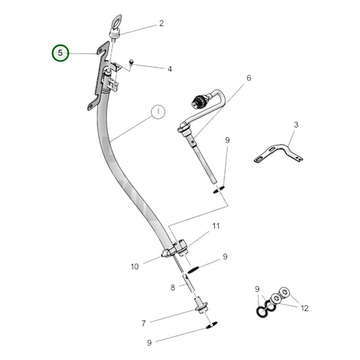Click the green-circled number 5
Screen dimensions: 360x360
pyautogui.click(x=61, y=53)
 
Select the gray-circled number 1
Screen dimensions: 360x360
pyautogui.click(x=157, y=112)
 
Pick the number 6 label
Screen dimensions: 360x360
pyautogui.click(x=248, y=78)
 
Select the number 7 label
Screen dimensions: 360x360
pyautogui.click(x=143, y=323)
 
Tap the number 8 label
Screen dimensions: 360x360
pyautogui.click(x=172, y=287)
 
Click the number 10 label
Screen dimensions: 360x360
pyautogui.click(x=134, y=266)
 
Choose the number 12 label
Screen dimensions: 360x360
pyautogui.click(x=305, y=308)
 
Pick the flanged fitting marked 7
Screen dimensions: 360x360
pyautogui.click(x=201, y=308)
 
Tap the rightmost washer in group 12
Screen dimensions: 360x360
pyautogui.click(x=284, y=292)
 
